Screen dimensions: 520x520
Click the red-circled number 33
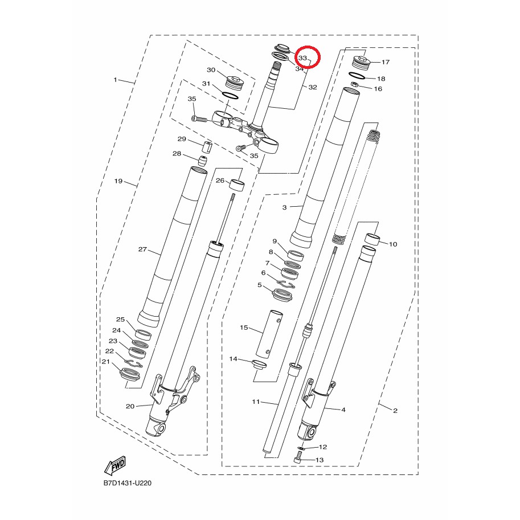pyautogui.click(x=302, y=58)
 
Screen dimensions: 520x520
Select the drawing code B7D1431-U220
pyautogui.click(x=128, y=483)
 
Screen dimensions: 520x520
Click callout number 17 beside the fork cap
pyautogui.click(x=386, y=62)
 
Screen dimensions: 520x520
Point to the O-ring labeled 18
pyautogui.click(x=357, y=76)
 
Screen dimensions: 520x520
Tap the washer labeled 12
pyautogui.click(x=301, y=449)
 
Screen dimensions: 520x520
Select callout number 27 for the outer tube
pyautogui.click(x=142, y=249)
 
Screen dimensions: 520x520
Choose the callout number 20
pyautogui.click(x=130, y=406)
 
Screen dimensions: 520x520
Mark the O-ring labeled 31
pyautogui.click(x=230, y=95)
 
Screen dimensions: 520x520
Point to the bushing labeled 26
pyautogui.click(x=237, y=185)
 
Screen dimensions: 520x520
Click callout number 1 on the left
pyautogui.click(x=115, y=80)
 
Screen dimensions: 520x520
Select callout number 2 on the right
pyautogui.click(x=395, y=411)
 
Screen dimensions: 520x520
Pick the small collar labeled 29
pyautogui.click(x=207, y=146)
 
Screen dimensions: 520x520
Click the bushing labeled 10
pyautogui.click(x=372, y=239)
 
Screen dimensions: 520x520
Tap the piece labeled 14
pyautogui.click(x=259, y=365)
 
